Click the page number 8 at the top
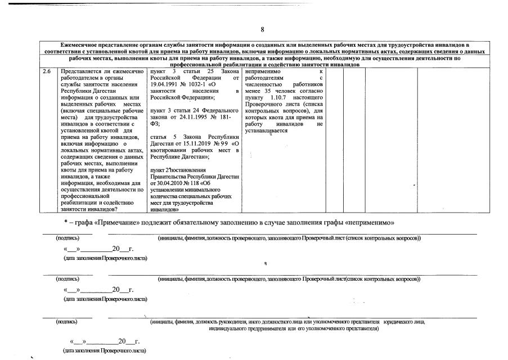point(262,29)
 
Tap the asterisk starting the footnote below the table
point(66,223)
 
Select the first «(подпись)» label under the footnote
point(67,238)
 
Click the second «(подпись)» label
point(67,279)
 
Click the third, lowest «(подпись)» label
point(67,322)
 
